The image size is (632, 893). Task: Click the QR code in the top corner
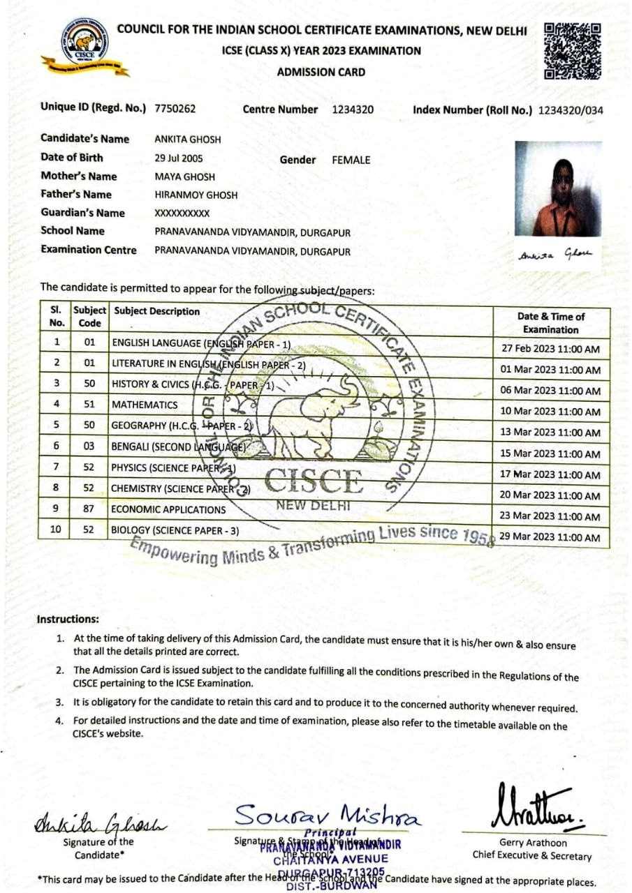pyautogui.click(x=572, y=51)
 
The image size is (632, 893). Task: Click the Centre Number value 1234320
pyautogui.click(x=353, y=110)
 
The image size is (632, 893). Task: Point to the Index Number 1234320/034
pyautogui.click(x=571, y=110)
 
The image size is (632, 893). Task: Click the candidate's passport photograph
pyautogui.click(x=558, y=188)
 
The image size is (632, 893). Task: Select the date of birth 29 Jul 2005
pyautogui.click(x=179, y=158)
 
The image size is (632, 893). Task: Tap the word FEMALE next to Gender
pyautogui.click(x=351, y=160)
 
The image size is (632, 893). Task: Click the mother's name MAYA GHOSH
pyautogui.click(x=184, y=177)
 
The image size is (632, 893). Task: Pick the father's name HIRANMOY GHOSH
pyautogui.click(x=196, y=195)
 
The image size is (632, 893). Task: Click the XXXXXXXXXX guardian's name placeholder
pyautogui.click(x=182, y=213)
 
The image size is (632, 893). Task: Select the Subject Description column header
pyautogui.click(x=157, y=312)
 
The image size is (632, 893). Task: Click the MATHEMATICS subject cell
pyautogui.click(x=145, y=405)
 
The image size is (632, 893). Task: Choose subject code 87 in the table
pyautogui.click(x=89, y=509)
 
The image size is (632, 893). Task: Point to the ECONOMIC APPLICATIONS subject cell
pyautogui.click(x=168, y=510)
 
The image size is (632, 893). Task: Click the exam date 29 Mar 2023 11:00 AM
pyautogui.click(x=551, y=538)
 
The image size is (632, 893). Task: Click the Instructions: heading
pyautogui.click(x=68, y=619)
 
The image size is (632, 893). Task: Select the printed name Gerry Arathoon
pyautogui.click(x=534, y=843)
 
